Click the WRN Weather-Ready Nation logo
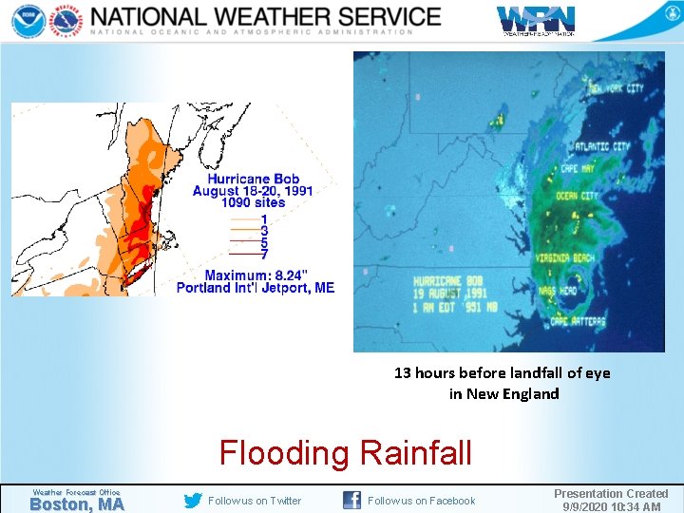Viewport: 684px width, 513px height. point(536,20)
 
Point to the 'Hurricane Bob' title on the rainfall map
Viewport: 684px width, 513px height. point(253,179)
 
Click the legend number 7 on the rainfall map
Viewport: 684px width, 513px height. point(264,254)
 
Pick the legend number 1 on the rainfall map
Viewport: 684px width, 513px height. point(264,219)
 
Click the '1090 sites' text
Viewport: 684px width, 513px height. point(253,202)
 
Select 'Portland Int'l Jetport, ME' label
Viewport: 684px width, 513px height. point(256,288)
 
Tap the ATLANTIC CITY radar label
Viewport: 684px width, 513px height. point(601,147)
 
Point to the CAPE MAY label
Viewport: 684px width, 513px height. point(581,168)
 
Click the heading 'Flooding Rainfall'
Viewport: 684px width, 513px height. point(345,453)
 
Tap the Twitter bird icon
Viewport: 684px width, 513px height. point(193,501)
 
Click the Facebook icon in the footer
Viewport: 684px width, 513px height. point(351,501)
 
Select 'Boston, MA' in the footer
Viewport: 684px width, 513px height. point(76,504)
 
